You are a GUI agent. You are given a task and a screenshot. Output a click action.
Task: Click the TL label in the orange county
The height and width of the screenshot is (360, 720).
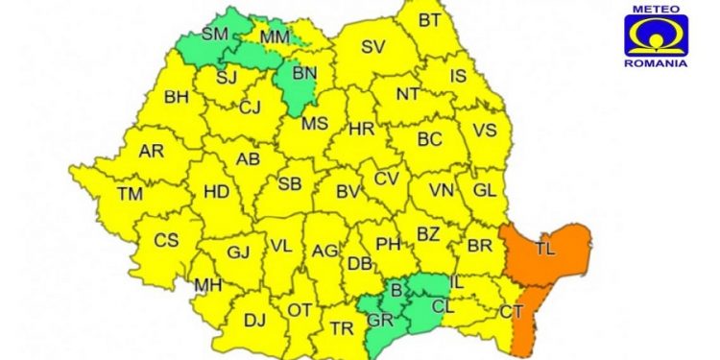[x=544, y=250]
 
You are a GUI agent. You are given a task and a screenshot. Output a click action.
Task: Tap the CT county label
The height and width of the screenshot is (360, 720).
[x=512, y=311]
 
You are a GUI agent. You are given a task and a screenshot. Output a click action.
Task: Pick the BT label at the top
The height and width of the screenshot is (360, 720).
[x=432, y=20]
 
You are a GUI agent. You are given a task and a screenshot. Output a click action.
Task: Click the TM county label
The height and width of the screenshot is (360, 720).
[x=130, y=194]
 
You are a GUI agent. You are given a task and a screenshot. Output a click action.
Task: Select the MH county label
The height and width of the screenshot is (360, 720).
[x=207, y=285]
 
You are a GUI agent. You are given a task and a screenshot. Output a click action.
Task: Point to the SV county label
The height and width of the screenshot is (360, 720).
[x=372, y=48]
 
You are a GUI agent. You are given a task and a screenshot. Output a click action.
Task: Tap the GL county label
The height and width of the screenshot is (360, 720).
[x=485, y=190]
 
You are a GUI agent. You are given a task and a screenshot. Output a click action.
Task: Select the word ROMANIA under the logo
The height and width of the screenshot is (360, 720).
[x=656, y=62]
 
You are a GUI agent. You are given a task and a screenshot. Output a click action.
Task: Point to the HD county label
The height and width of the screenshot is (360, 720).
[x=217, y=191]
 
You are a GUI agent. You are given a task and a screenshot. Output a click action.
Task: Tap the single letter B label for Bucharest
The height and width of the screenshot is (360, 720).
[x=395, y=289]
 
